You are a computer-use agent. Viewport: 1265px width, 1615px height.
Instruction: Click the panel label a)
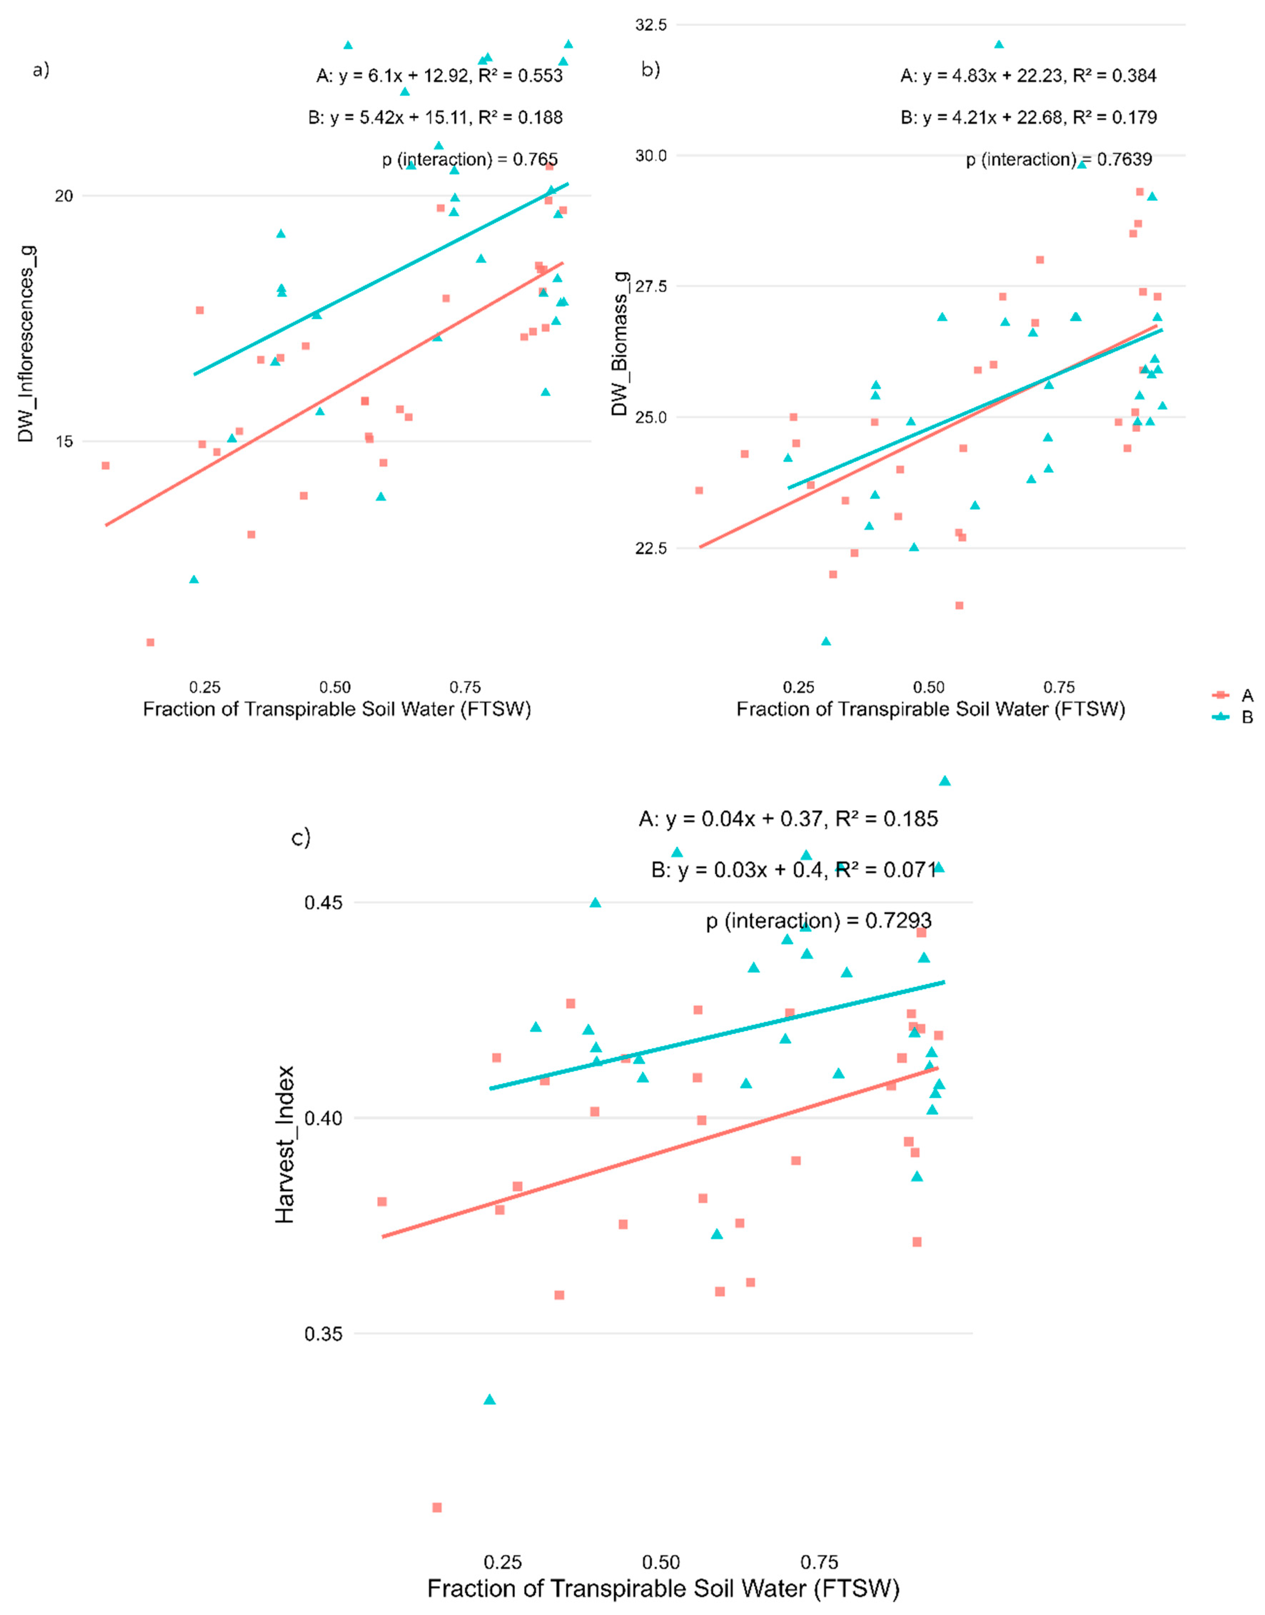coord(41,70)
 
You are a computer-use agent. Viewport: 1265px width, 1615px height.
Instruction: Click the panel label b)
coord(650,70)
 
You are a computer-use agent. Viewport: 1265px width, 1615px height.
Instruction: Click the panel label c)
coord(301,837)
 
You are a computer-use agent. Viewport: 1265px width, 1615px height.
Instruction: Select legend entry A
coord(1246,695)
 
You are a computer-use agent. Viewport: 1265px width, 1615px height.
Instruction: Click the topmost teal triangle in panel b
coord(998,45)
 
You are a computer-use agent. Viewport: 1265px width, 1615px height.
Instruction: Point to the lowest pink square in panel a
coord(150,642)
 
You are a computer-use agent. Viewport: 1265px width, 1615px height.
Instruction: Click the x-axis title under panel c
coord(663,1589)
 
